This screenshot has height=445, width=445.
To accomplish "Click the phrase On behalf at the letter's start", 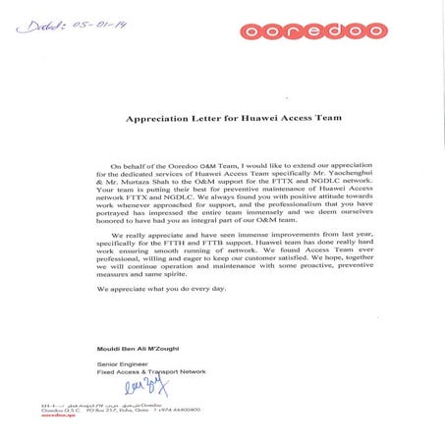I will point(131,165).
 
